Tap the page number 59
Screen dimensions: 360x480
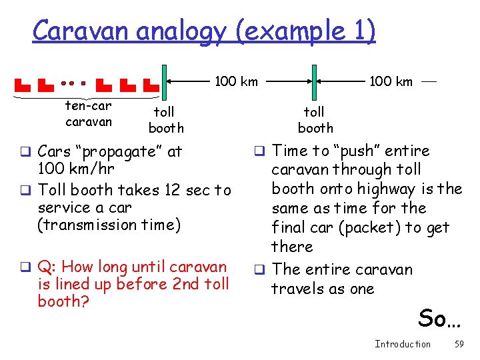(459, 344)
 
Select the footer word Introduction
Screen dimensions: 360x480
(403, 344)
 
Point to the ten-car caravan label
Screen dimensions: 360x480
(89, 113)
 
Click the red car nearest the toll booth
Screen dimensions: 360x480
(151, 85)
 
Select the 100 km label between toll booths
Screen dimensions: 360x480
(236, 81)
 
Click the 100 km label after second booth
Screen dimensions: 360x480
(391, 81)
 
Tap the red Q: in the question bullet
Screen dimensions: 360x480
(47, 267)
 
